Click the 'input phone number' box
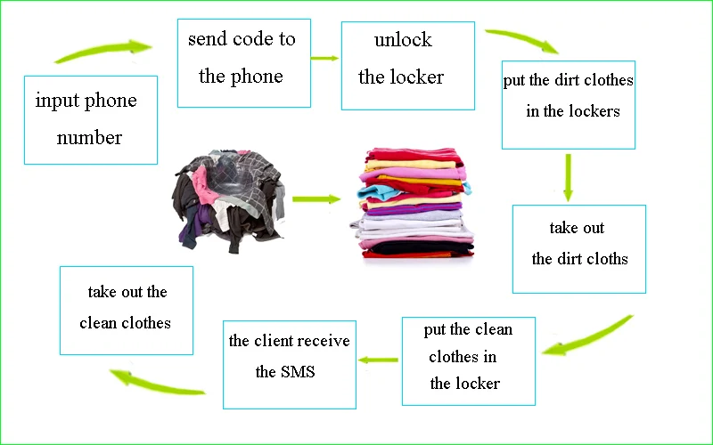[91, 119]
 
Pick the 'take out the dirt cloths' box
[578, 248]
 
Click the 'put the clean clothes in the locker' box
[468, 360]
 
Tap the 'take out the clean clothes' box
[126, 310]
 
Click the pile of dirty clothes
[229, 198]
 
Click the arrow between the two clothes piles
[316, 198]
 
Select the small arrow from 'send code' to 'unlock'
[325, 58]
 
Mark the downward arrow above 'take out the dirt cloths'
[568, 176]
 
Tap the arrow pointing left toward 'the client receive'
[379, 360]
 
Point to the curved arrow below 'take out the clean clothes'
[158, 383]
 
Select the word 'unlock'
[403, 40]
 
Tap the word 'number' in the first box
[89, 138]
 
